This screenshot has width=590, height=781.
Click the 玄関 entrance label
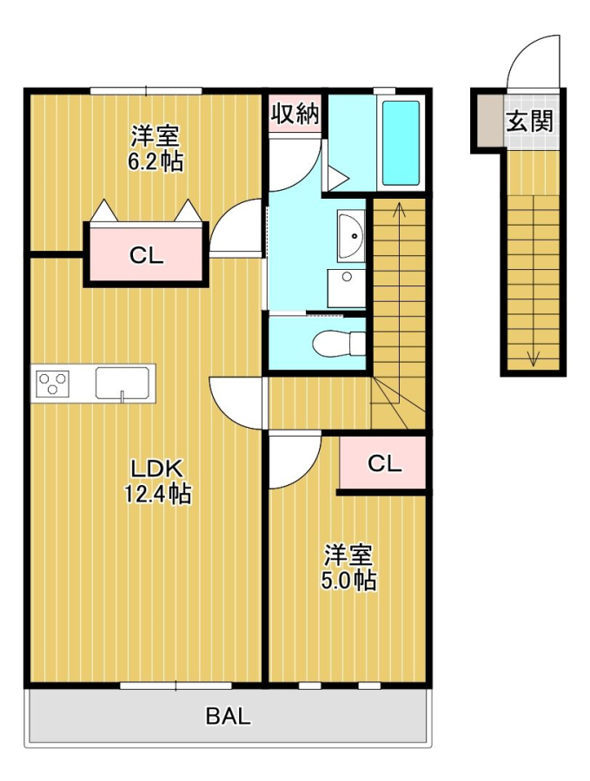tap(530, 121)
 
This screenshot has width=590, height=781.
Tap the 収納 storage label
tap(295, 114)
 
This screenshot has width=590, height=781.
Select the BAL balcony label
tap(229, 717)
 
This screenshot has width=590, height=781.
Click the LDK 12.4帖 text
tap(156, 481)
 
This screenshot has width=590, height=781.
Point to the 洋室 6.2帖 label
tap(156, 148)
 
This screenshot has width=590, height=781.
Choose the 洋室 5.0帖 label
tap(349, 568)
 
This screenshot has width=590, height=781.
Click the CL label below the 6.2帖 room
tap(146, 255)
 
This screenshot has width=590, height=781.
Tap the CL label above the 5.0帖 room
tap(384, 463)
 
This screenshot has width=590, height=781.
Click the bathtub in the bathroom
tap(401, 143)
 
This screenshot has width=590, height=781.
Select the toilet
tap(337, 344)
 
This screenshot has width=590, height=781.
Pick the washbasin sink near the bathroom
tap(352, 234)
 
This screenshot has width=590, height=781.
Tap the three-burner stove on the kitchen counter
tap(52, 383)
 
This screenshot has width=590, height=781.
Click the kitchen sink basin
tap(123, 382)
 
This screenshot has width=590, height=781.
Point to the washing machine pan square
tap(346, 286)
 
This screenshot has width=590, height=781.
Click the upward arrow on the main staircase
tap(400, 209)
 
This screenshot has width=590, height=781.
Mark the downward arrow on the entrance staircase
tap(533, 356)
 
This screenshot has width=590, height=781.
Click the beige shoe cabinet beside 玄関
tap(488, 121)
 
